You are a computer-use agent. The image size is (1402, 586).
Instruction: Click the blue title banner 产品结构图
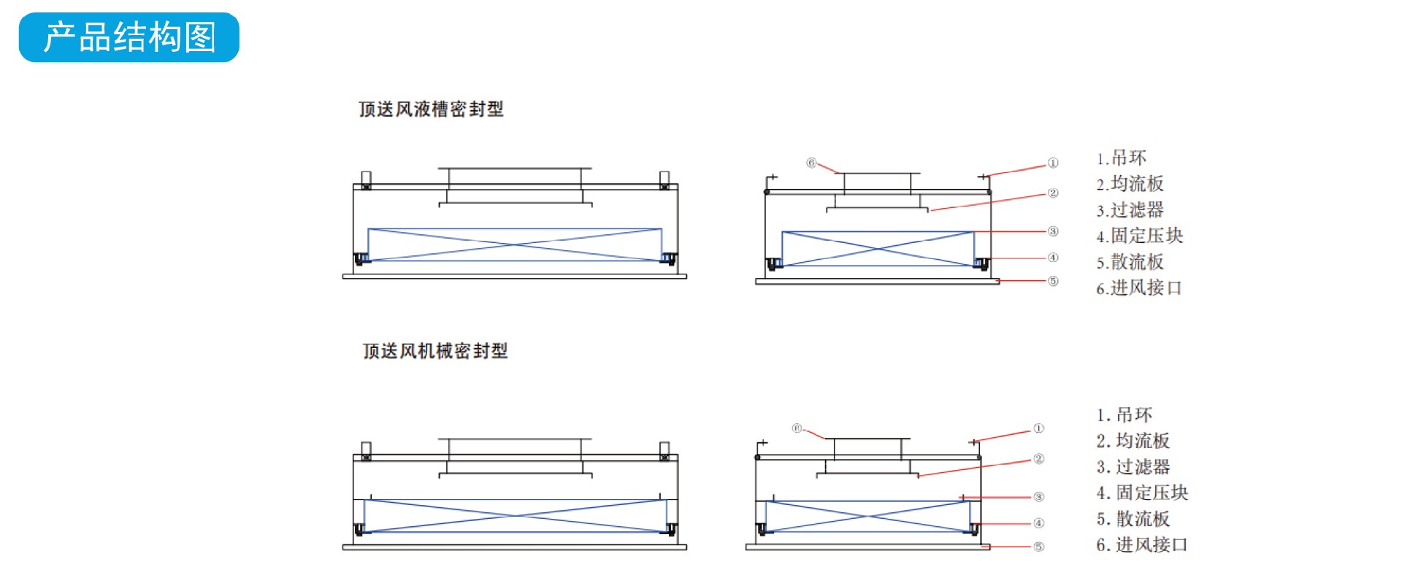point(129,37)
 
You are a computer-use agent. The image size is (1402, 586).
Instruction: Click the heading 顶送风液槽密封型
point(431,109)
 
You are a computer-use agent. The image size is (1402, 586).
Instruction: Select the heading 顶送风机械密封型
point(435,351)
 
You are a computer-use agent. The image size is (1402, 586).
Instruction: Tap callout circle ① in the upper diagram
point(1052,163)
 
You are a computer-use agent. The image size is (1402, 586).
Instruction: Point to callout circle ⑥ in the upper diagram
point(811,163)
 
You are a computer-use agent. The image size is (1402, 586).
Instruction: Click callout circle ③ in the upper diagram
point(1052,231)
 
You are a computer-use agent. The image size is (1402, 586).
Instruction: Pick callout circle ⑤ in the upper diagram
point(1052,281)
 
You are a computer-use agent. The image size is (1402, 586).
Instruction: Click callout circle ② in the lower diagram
point(1038,459)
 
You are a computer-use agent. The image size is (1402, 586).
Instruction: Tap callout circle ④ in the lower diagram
point(1038,523)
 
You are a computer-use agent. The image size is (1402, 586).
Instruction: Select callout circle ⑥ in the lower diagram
point(797,428)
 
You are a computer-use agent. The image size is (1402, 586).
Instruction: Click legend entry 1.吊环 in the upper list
point(1121,158)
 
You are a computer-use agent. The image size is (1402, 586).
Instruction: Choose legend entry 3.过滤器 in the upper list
point(1130,210)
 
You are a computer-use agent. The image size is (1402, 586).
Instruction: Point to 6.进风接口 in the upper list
point(1138,288)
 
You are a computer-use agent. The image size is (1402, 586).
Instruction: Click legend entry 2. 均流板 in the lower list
point(1133,441)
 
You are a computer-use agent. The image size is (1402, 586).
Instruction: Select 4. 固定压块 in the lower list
point(1142,493)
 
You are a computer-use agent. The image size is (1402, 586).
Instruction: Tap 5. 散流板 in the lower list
point(1133,519)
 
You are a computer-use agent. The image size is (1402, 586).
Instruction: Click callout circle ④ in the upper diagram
point(1052,258)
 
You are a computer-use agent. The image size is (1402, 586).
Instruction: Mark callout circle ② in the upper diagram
point(1052,193)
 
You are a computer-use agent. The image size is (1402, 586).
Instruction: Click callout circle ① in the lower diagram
point(1038,428)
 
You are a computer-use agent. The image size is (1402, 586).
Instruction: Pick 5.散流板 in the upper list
point(1130,262)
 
